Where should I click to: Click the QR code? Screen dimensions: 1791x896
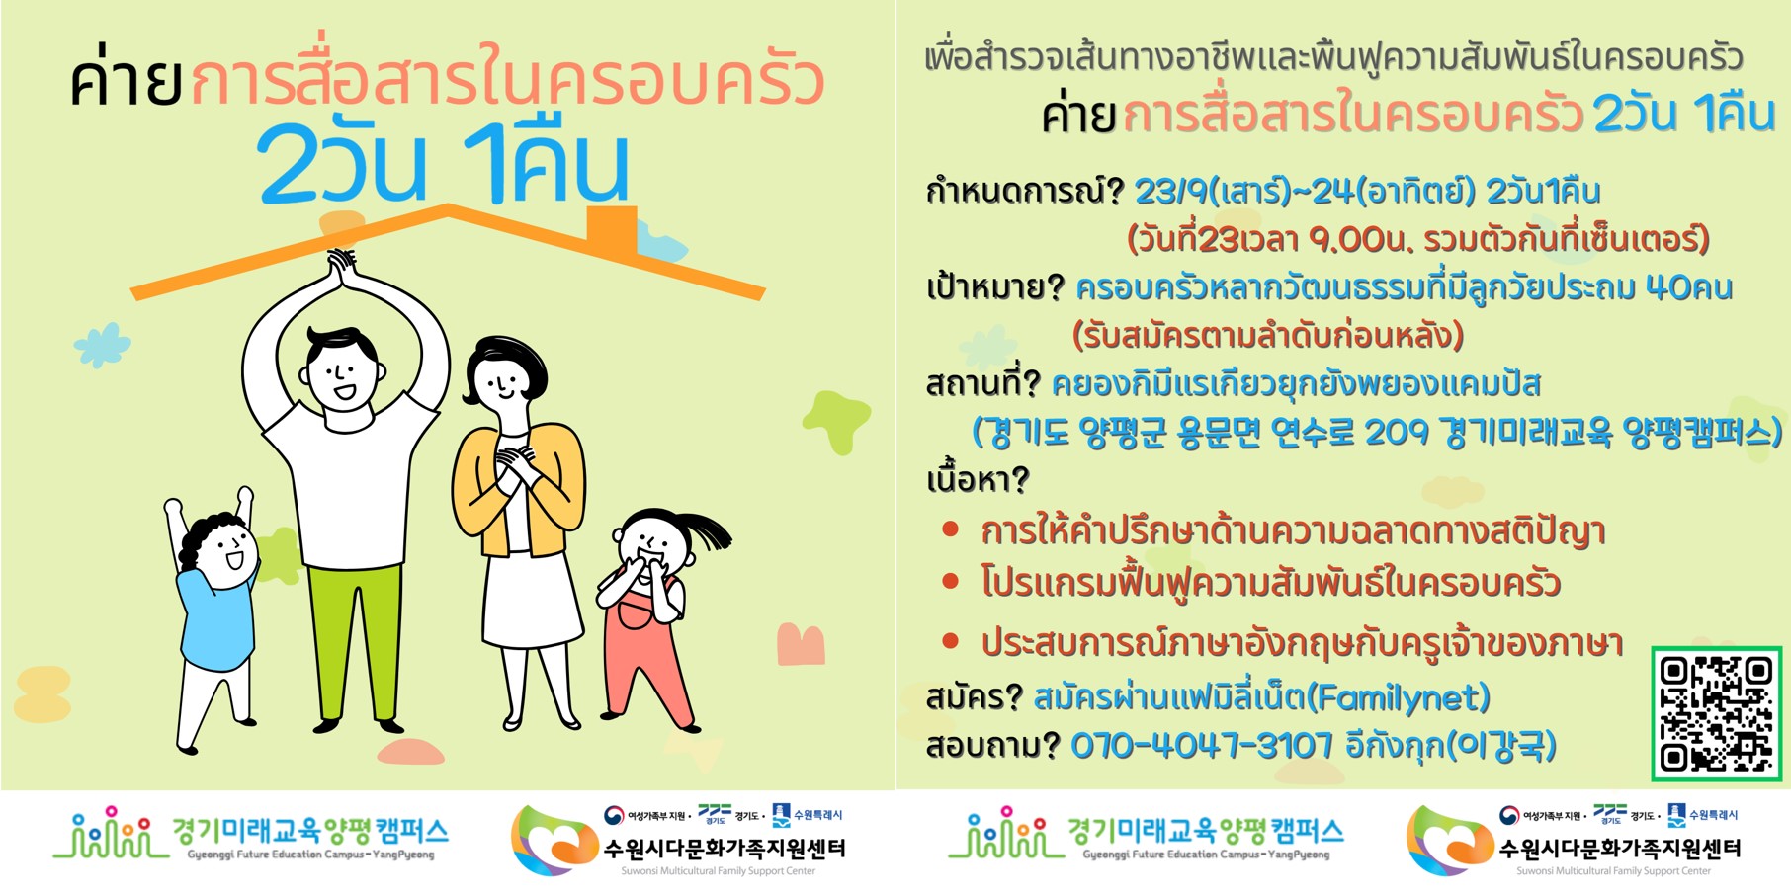click(x=1716, y=713)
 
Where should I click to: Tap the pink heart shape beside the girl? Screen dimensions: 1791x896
click(x=801, y=645)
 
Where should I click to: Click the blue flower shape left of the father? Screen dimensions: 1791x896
click(x=102, y=346)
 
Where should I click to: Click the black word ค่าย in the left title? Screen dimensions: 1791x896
click(x=126, y=79)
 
